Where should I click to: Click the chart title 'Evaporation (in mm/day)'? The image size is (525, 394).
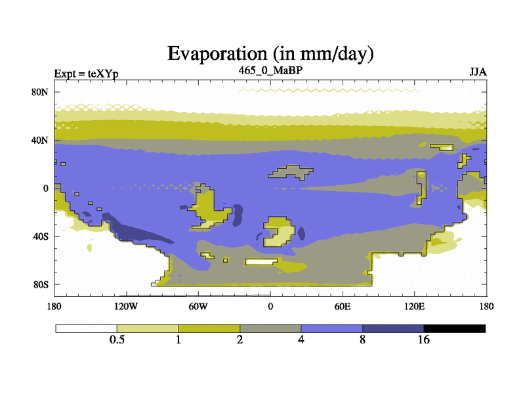pyautogui.click(x=270, y=54)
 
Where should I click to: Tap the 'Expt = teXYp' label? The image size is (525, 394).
pyautogui.click(x=86, y=74)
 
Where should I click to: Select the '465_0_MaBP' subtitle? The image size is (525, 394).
pyautogui.click(x=270, y=70)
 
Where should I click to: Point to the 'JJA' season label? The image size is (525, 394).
pyautogui.click(x=478, y=72)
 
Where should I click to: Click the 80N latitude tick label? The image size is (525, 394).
pyautogui.click(x=40, y=92)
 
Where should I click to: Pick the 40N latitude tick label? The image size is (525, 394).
pyautogui.click(x=40, y=140)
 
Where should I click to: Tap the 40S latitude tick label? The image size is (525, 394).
pyautogui.click(x=41, y=236)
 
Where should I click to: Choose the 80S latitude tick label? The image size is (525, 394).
pyautogui.click(x=41, y=285)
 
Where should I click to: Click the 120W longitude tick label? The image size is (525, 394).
pyautogui.click(x=126, y=306)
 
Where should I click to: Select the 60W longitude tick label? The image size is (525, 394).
pyautogui.click(x=198, y=306)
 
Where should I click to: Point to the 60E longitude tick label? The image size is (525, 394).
pyautogui.click(x=343, y=306)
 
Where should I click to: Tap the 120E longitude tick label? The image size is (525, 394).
pyautogui.click(x=415, y=306)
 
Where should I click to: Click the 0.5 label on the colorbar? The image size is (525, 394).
pyautogui.click(x=117, y=339)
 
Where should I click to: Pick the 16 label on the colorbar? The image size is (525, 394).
pyautogui.click(x=423, y=339)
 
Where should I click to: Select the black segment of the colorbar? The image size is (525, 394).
pyautogui.click(x=454, y=329)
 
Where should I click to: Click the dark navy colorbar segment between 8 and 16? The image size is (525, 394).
pyautogui.click(x=393, y=329)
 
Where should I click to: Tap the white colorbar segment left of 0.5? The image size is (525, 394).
pyautogui.click(x=87, y=329)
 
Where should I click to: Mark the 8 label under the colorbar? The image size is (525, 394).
pyautogui.click(x=363, y=339)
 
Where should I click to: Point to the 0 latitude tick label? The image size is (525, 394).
pyautogui.click(x=45, y=188)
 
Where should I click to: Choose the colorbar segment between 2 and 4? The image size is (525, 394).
pyautogui.click(x=270, y=329)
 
